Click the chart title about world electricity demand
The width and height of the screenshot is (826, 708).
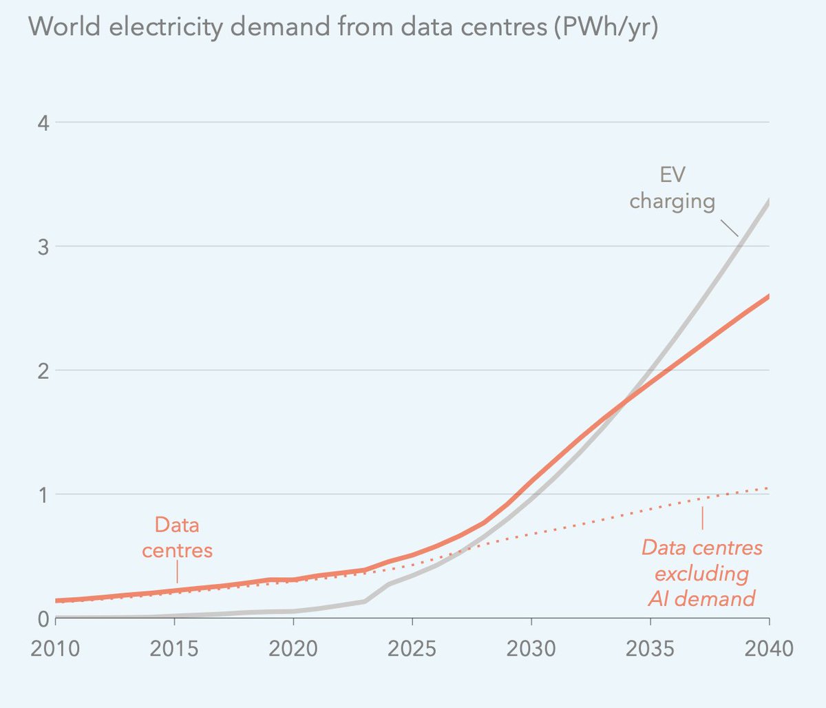click(x=343, y=28)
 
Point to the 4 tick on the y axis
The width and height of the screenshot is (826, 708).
click(x=43, y=123)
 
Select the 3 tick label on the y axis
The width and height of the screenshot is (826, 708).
click(x=43, y=247)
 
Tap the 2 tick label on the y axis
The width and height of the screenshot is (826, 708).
click(x=43, y=371)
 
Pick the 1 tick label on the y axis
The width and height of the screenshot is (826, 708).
click(x=43, y=494)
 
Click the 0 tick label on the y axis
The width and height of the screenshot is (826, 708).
click(x=43, y=618)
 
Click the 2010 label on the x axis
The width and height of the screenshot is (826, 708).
click(x=55, y=649)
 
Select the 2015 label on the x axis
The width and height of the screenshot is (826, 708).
click(x=174, y=649)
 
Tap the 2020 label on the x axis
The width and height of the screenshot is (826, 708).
click(x=293, y=649)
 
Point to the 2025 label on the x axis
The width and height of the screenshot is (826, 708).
click(x=412, y=649)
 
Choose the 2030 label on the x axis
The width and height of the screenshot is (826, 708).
click(x=531, y=649)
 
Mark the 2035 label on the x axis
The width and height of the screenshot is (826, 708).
click(x=650, y=649)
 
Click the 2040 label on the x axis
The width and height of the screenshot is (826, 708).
click(x=768, y=649)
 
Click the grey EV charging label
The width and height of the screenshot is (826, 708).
click(x=673, y=188)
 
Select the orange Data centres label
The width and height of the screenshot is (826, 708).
click(x=177, y=538)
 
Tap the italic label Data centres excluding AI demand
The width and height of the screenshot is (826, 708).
click(x=702, y=573)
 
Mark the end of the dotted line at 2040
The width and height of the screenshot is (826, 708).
click(x=767, y=488)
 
